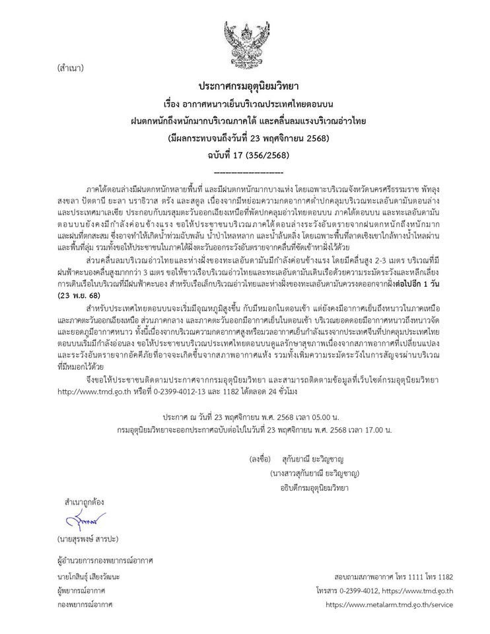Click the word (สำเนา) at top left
click(71, 67)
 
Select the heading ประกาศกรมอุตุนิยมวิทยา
click(244, 87)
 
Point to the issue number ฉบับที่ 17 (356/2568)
click(244, 155)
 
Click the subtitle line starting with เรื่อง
click(244, 104)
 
